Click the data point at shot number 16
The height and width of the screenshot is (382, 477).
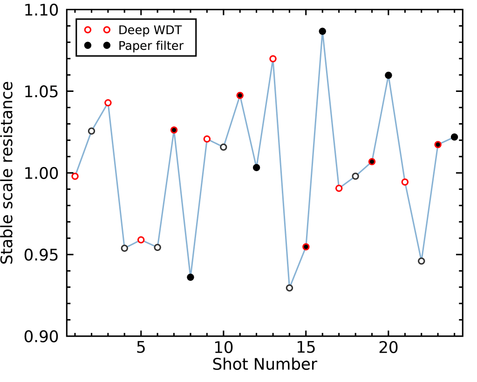[322, 31]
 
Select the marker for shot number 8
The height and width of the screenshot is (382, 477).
[191, 277]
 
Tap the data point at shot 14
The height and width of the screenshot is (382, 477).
[289, 288]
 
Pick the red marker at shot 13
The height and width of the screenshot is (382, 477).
[273, 59]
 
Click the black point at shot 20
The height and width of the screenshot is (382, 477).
[388, 75]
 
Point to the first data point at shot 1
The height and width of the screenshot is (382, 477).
[75, 176]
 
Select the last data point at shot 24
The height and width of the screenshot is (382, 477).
[454, 137]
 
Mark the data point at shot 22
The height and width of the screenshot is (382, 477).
[421, 261]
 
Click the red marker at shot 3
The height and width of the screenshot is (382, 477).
[108, 103]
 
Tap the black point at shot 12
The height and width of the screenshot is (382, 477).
[256, 167]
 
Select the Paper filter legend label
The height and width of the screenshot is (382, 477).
[151, 46]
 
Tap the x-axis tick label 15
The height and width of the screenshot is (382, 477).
[306, 349]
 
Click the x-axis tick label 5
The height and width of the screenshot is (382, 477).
[141, 349]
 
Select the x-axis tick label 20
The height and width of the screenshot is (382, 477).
[388, 349]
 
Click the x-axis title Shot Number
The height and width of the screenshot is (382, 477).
[265, 364]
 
